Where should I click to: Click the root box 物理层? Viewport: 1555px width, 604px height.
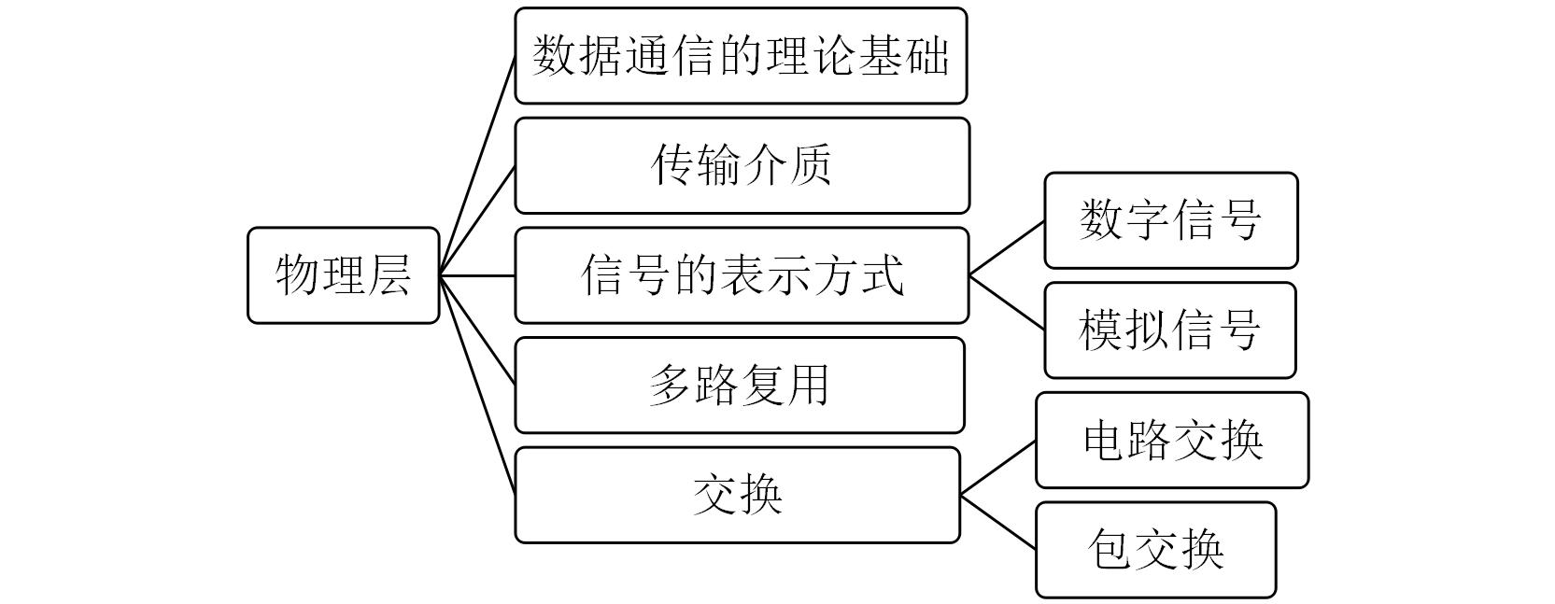point(343,275)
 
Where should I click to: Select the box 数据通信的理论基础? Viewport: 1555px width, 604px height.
point(741,56)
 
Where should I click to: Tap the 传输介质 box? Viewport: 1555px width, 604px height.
point(742,165)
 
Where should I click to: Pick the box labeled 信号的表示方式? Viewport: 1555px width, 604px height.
point(742,275)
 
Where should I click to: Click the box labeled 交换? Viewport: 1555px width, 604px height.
point(737,495)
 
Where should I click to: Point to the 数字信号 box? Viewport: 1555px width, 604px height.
point(1170,220)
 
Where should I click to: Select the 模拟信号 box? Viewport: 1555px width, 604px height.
point(1169,330)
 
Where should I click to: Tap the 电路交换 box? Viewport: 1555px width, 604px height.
point(1171,440)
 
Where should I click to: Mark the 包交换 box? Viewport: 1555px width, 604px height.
point(1155,550)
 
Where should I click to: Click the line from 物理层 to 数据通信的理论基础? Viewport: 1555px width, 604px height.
point(477,165)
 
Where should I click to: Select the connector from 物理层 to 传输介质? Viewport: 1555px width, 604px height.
point(477,220)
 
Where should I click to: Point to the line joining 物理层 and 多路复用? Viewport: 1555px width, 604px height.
point(477,330)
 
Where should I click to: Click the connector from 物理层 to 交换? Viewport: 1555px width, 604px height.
point(477,385)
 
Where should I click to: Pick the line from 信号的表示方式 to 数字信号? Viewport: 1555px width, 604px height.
point(1007,248)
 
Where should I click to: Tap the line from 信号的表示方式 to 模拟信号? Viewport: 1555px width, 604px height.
point(1007,302)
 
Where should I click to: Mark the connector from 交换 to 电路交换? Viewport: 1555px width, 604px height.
point(997,469)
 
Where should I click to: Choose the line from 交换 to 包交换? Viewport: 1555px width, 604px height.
point(997,522)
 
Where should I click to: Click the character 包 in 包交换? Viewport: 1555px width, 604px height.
point(1110,550)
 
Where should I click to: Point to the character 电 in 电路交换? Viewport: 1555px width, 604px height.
point(1105,440)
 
